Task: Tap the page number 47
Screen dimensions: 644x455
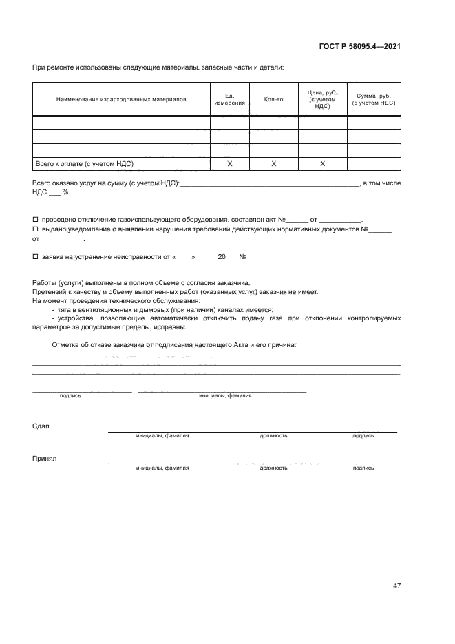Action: [x=396, y=586]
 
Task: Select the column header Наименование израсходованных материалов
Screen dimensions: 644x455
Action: [x=121, y=99]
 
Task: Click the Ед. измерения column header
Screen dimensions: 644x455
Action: [x=229, y=99]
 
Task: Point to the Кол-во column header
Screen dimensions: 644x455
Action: [x=273, y=99]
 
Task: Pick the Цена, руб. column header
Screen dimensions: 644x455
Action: [x=322, y=99]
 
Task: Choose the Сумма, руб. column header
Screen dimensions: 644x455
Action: [x=373, y=99]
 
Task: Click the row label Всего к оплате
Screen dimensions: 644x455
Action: [x=84, y=164]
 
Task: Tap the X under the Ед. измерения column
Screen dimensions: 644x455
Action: [x=229, y=164]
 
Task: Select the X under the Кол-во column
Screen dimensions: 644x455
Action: [x=273, y=164]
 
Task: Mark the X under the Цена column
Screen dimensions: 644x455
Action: [x=322, y=164]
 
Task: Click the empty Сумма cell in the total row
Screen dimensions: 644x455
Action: [x=373, y=164]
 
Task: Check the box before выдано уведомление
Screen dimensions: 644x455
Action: [x=36, y=229]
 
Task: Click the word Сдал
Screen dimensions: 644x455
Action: [x=41, y=426]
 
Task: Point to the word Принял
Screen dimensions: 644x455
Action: [x=44, y=458]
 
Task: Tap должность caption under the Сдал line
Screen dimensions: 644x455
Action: [x=273, y=436]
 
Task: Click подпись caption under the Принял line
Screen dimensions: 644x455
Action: [x=363, y=468]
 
